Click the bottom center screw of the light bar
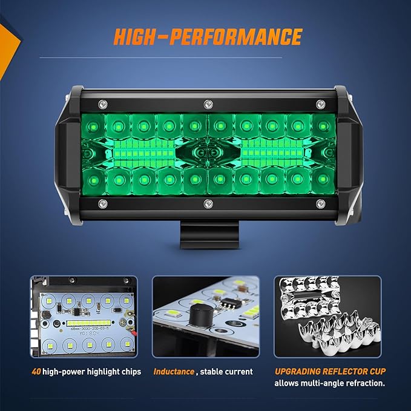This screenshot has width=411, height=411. pos(207,203)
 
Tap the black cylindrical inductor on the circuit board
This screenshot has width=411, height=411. pos(198,317)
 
